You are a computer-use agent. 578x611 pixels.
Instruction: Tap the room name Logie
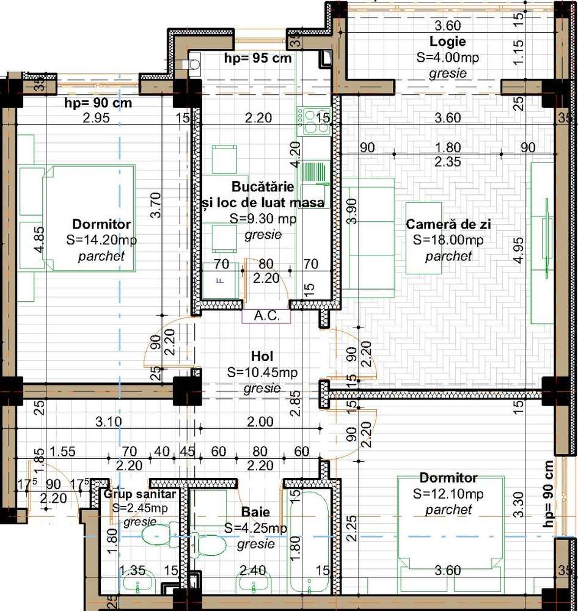447,42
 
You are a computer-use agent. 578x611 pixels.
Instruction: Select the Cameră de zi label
448,224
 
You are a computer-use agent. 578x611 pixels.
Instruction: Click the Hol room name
262,356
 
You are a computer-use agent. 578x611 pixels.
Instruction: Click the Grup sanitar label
140,494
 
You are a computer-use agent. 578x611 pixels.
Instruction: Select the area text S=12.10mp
448,493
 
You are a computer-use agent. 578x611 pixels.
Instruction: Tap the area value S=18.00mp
448,240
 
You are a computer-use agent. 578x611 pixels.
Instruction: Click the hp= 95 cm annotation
257,59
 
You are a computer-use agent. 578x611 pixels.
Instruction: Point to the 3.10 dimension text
109,422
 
